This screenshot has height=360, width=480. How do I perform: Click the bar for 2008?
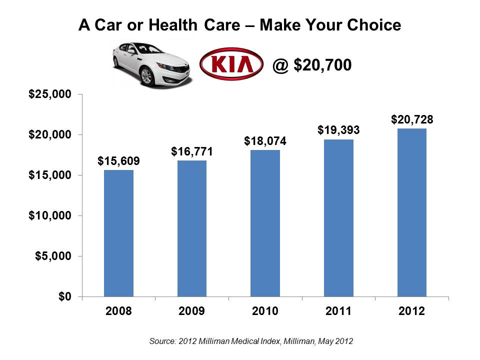coord(118,233)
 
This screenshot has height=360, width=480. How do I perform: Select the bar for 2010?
coord(265,223)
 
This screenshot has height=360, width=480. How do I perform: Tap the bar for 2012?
coord(412,212)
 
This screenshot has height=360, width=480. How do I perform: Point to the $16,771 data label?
coord(192,151)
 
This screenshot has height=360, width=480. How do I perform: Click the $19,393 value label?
coord(339,130)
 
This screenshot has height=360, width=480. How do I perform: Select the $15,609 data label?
coord(118,161)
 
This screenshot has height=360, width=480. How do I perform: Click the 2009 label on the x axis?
coord(192,311)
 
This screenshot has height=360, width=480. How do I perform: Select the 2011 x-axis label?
coord(339,311)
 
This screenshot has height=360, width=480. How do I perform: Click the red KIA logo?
coord(231,65)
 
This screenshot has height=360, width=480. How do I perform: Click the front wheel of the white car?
coord(147,77)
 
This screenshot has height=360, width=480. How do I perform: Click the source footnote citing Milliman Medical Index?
coord(251,342)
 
